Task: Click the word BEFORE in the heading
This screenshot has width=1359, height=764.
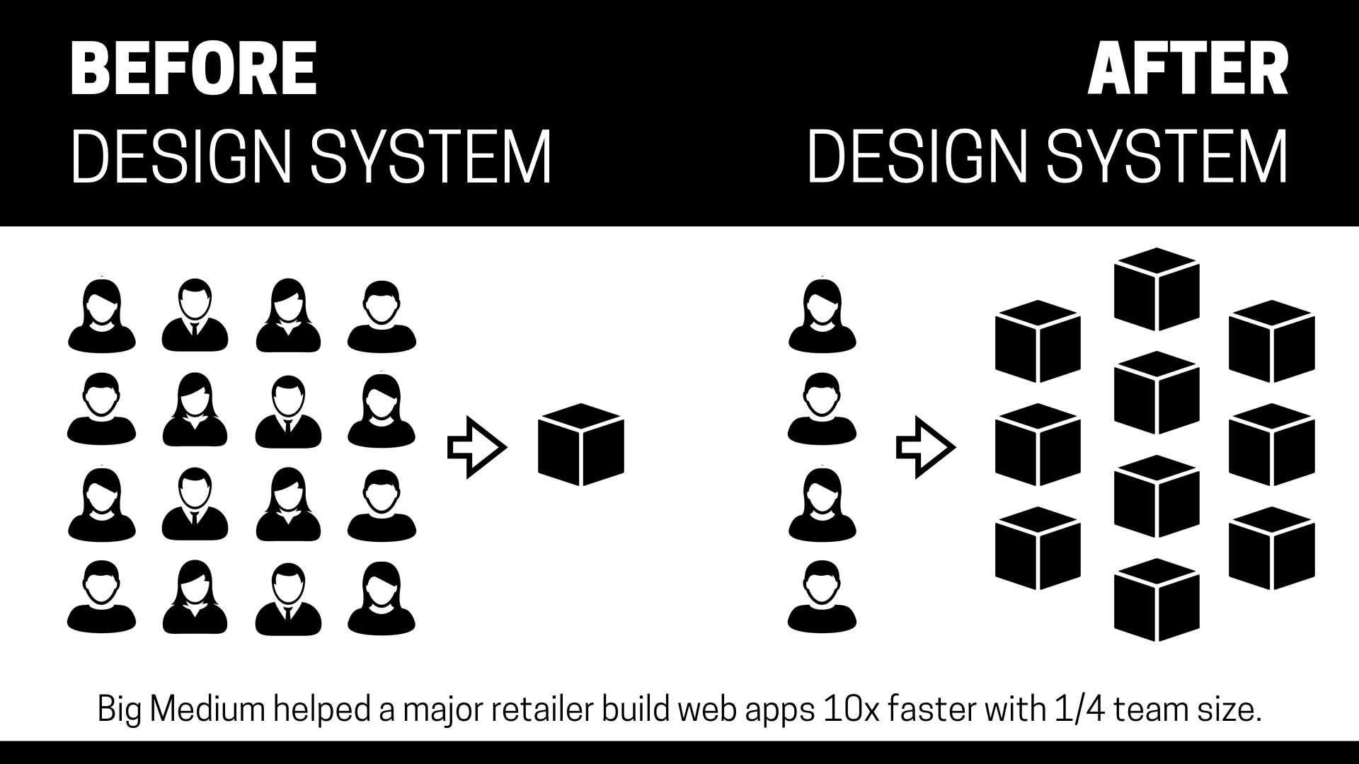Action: point(193,69)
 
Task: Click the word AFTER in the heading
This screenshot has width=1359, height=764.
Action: point(1187,69)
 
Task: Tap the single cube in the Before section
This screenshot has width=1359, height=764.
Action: point(581,445)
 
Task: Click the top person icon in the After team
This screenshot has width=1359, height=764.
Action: point(822,316)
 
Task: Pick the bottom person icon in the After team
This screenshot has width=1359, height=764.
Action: point(822,596)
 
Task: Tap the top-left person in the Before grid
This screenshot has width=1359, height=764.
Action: point(102,316)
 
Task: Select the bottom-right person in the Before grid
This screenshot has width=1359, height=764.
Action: point(382,597)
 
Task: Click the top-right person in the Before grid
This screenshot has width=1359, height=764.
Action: point(382,316)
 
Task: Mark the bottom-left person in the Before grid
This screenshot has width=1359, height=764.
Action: point(102,597)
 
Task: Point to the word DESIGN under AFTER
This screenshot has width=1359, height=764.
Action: point(917,156)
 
